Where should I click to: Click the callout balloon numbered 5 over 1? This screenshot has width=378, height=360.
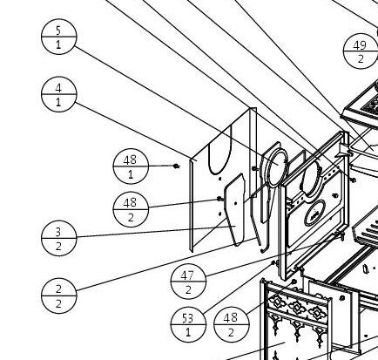59,37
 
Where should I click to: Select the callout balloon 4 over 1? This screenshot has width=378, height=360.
59,94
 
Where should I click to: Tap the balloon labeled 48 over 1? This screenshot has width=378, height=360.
131,166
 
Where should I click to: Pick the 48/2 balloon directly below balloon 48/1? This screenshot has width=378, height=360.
131,209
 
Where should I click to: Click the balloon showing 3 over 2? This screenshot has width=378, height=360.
59,238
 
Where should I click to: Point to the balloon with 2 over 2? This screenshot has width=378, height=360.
59,295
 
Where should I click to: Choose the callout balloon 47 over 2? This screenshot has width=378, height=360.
188,282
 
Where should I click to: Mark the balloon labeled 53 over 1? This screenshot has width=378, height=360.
188,324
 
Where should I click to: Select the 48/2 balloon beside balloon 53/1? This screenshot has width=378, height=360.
232,324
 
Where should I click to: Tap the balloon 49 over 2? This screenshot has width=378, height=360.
361,51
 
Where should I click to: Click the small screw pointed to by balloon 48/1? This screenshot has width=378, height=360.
176,166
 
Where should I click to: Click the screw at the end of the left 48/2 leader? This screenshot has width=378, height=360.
219,199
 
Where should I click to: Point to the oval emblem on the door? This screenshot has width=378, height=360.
314,213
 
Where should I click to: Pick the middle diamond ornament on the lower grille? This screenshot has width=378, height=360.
297,307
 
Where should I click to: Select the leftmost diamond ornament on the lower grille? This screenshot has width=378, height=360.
277,302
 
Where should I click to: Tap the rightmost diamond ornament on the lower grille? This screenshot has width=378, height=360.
316,312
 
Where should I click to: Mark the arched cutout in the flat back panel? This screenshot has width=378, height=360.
220,151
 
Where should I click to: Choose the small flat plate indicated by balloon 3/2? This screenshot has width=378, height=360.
234,210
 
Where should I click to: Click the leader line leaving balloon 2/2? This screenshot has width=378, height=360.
166,265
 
